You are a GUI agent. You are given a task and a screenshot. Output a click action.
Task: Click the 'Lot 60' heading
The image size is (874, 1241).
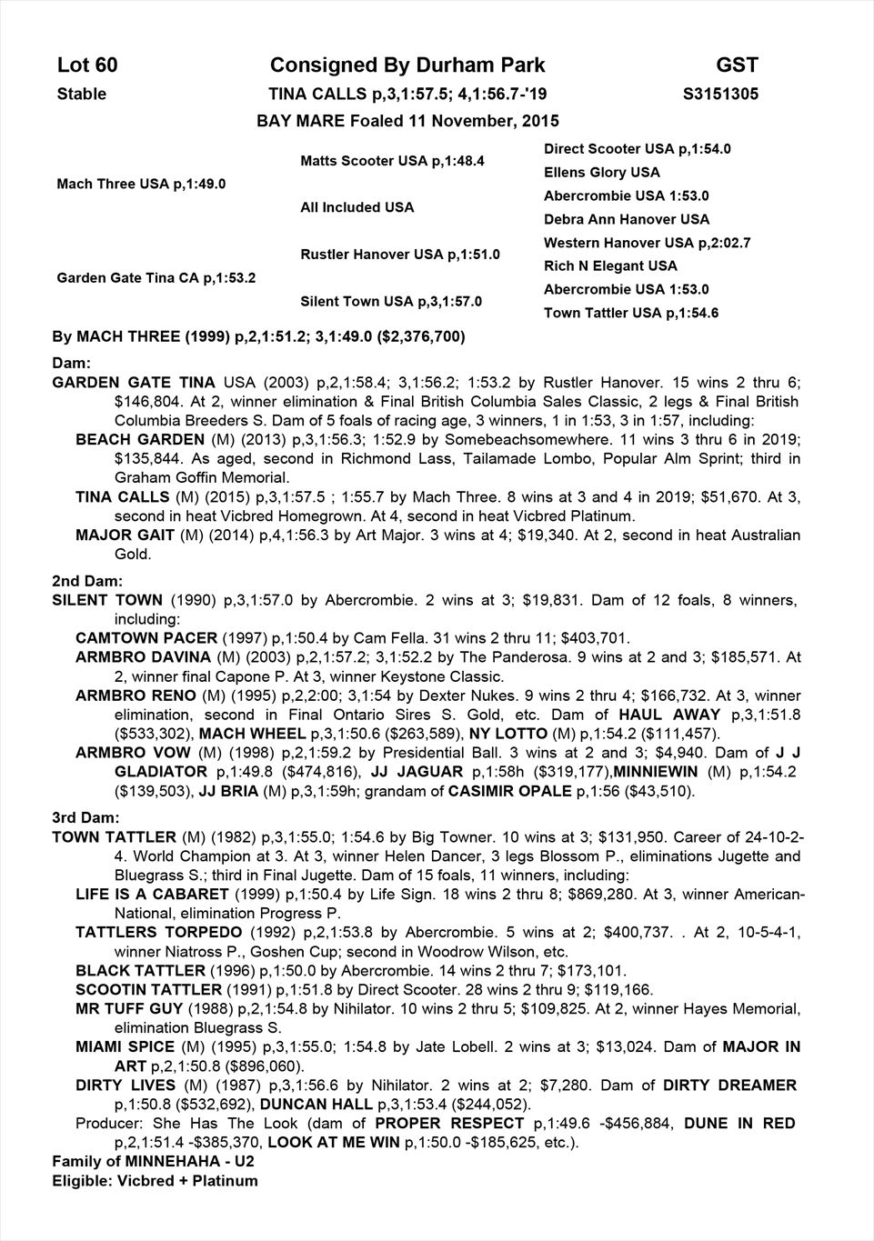pyautogui.click(x=87, y=65)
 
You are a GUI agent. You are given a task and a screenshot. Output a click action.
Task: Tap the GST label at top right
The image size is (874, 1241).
pyautogui.click(x=737, y=65)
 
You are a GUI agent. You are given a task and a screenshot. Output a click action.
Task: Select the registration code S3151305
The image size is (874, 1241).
pyautogui.click(x=720, y=95)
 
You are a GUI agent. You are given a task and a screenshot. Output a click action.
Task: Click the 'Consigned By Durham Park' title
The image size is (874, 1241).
pyautogui.click(x=407, y=65)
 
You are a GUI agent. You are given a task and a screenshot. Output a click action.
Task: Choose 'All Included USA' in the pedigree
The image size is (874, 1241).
pyautogui.click(x=357, y=207)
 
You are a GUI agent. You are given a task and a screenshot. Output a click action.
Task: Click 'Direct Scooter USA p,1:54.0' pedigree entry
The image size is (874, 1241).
pyautogui.click(x=637, y=149)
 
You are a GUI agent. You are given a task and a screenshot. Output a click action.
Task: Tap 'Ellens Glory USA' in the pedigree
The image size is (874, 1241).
pyautogui.click(x=601, y=173)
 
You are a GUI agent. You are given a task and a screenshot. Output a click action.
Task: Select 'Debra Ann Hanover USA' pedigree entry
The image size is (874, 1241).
pyautogui.click(x=626, y=219)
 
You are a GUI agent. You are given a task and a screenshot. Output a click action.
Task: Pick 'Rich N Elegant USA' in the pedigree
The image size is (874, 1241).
pyautogui.click(x=610, y=266)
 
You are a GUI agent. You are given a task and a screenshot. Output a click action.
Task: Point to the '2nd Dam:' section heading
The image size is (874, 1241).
pyautogui.click(x=87, y=581)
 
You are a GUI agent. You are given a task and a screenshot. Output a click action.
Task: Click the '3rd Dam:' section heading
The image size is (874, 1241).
pyautogui.click(x=86, y=818)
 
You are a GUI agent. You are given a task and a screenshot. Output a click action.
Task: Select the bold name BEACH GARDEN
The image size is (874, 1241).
pyautogui.click(x=140, y=440)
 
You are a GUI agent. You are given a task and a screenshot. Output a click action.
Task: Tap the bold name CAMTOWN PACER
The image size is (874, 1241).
pyautogui.click(x=146, y=638)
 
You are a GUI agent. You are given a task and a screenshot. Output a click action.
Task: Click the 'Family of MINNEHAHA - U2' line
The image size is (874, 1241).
pyautogui.click(x=153, y=1162)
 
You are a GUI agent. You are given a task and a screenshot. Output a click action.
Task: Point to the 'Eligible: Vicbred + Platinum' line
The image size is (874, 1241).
pyautogui.click(x=155, y=1181)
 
